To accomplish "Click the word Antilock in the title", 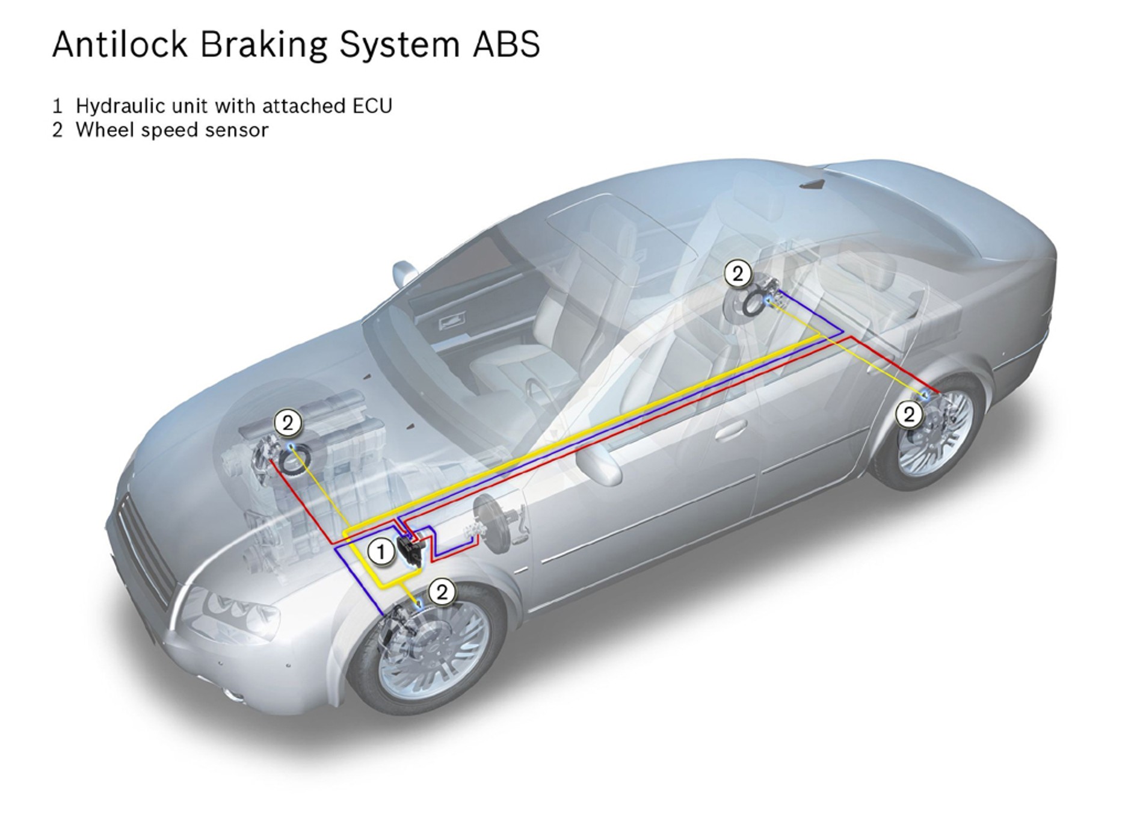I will point(120,44).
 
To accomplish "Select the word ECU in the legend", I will point(369,106).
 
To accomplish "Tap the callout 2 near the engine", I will point(288,423).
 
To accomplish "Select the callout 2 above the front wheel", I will point(442,592).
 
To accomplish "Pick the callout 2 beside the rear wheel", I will point(908,414).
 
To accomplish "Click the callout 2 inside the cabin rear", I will point(738,274).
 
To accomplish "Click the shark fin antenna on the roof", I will point(816,184).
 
